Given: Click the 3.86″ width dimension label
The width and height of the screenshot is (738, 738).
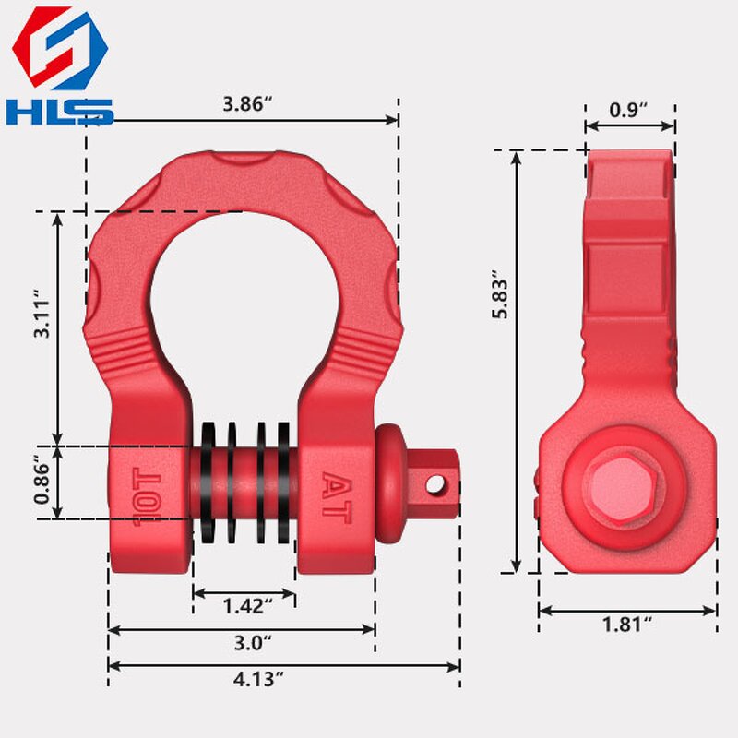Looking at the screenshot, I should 246,103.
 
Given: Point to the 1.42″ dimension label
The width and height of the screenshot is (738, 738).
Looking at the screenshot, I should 247,606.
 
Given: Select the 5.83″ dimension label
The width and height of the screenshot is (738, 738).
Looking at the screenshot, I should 499,295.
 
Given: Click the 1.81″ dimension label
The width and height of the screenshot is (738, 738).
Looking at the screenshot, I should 627,624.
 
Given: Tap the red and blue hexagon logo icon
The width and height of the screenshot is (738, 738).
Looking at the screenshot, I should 59,49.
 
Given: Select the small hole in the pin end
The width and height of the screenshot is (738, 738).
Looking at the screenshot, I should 436,482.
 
